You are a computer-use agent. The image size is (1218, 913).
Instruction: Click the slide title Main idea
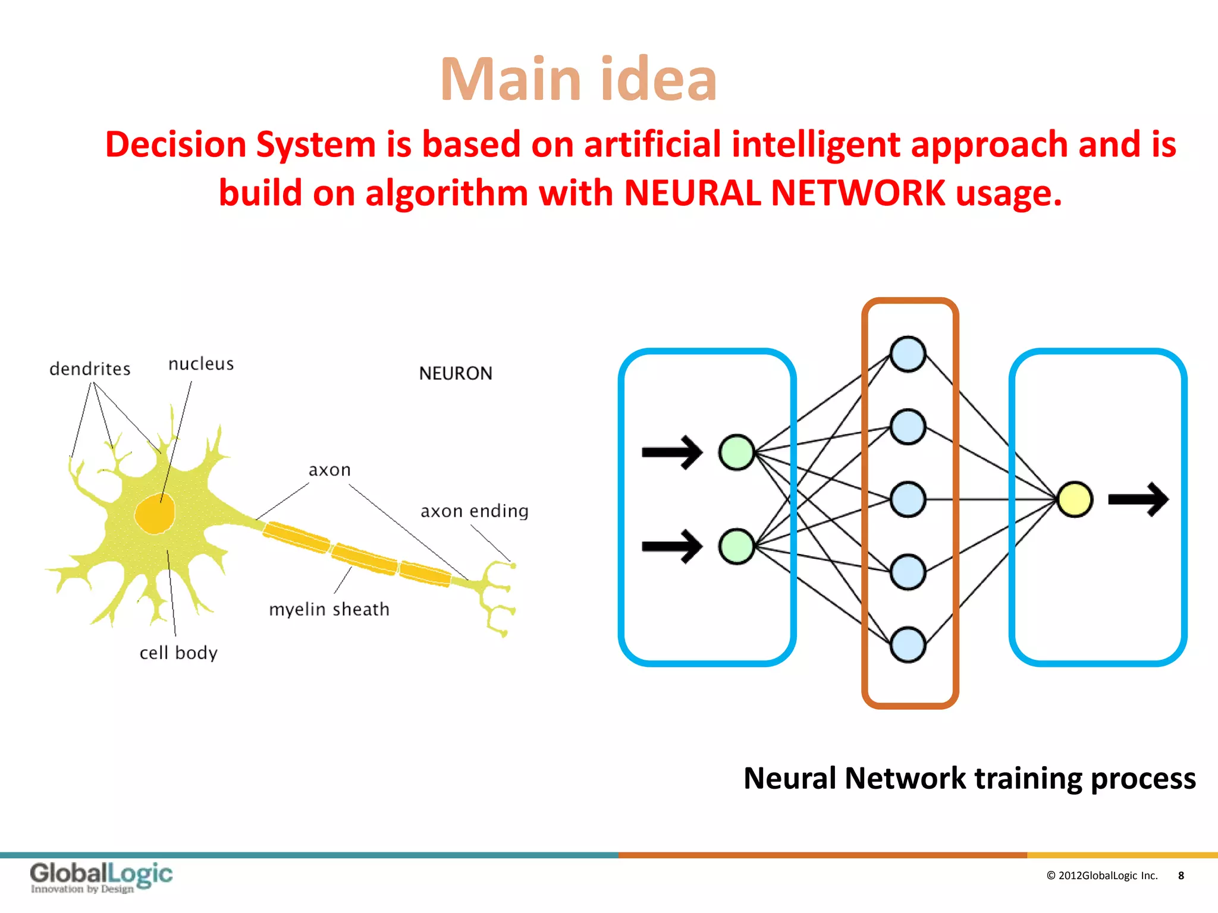pos(578,80)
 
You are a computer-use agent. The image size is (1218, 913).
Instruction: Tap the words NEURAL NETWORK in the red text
pos(784,194)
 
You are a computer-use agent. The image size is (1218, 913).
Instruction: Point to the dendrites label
pos(90,369)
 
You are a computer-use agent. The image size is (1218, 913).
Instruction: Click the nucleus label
pos(201,364)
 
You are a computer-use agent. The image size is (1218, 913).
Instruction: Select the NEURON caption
pos(456,373)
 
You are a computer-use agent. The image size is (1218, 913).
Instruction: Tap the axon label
pos(329,470)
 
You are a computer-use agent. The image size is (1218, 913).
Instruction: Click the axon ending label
pos(474,511)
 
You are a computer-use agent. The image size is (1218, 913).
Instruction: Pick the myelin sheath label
pos(329,610)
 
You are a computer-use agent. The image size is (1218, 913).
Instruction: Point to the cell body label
pos(178,653)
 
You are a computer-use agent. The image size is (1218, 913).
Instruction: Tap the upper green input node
pos(736,452)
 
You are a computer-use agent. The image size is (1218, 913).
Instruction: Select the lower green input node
pos(736,546)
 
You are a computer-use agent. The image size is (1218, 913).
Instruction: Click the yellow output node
pos(1075,499)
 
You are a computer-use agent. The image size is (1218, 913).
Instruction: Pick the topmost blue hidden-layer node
pos(908,354)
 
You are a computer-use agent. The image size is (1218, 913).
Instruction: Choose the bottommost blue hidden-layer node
pos(908,644)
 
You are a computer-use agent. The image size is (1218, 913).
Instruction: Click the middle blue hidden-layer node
pos(908,499)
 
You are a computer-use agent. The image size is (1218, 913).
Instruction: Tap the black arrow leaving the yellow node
pos(1138,499)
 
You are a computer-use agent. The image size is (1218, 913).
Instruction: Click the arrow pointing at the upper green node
pos(672,452)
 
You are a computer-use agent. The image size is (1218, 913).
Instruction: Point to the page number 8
pos(1181,876)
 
